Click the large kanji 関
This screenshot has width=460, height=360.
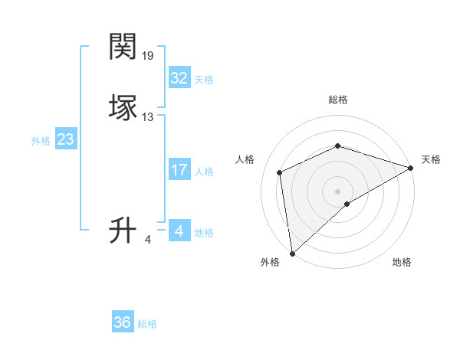(x=123, y=47)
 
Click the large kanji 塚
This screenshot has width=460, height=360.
(x=123, y=107)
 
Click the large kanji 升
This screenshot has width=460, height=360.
(x=123, y=230)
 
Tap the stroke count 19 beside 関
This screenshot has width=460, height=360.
(x=148, y=56)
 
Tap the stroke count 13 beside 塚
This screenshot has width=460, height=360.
(x=148, y=117)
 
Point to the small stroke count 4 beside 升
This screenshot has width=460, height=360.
(x=148, y=240)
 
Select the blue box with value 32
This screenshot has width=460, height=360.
(x=179, y=78)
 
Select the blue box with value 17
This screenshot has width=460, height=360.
(x=179, y=170)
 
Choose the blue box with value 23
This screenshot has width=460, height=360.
(x=66, y=139)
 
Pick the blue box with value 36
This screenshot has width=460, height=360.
(x=123, y=322)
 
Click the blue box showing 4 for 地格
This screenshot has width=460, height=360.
(x=179, y=231)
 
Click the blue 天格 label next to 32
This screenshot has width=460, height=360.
(x=204, y=80)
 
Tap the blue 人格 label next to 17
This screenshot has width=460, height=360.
(x=204, y=172)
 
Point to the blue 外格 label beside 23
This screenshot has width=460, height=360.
(x=41, y=141)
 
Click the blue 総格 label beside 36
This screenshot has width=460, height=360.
(x=147, y=324)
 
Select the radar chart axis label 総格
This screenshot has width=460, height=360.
(x=338, y=100)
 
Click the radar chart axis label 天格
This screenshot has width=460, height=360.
(x=431, y=159)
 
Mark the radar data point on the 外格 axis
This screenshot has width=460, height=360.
(x=292, y=253)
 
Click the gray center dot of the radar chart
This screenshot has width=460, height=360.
(x=338, y=191)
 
